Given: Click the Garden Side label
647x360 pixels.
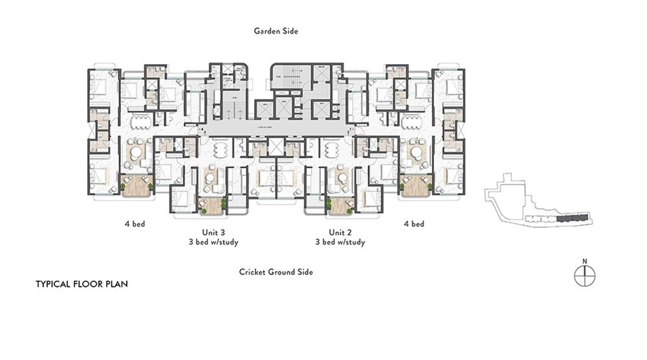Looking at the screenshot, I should click(x=276, y=30).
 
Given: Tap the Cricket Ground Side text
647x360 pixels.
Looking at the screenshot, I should click(x=276, y=273).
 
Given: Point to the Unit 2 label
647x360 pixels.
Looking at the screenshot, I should click(x=340, y=232).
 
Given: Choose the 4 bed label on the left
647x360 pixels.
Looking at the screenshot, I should click(x=135, y=225).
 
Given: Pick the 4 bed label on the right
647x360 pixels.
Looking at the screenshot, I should click(x=414, y=225).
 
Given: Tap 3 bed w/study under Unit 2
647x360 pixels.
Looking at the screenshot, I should click(x=340, y=243).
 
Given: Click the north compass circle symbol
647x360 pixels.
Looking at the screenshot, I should click(x=584, y=276).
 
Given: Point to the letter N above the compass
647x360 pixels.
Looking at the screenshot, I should click(x=584, y=262).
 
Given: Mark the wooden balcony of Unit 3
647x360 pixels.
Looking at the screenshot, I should click(x=210, y=205).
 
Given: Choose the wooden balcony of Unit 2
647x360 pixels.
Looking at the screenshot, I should click(x=340, y=205).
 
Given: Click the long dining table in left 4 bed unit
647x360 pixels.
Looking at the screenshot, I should click(x=140, y=121).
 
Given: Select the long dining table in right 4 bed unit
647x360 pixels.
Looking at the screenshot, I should click(x=410, y=121).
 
